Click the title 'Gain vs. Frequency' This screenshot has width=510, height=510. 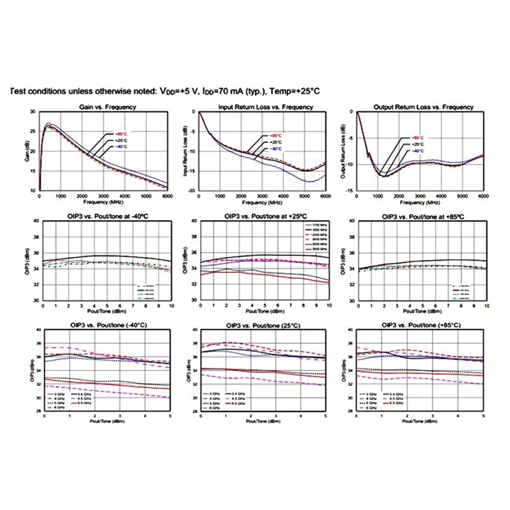point(107,107)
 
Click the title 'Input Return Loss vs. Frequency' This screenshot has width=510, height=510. point(265,107)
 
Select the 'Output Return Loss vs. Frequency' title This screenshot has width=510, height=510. point(423,107)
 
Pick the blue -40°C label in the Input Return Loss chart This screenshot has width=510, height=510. point(275,148)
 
